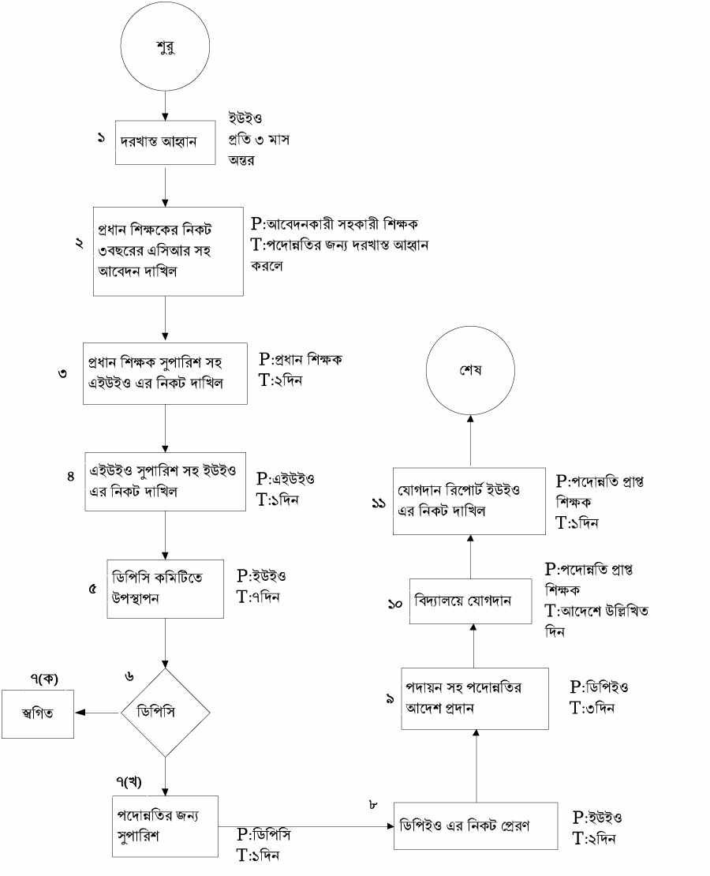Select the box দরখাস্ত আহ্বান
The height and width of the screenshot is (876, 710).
(x=165, y=142)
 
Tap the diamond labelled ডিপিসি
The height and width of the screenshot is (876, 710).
(x=166, y=713)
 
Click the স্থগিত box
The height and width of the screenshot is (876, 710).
(x=38, y=714)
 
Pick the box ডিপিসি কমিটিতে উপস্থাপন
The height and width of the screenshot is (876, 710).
(x=166, y=588)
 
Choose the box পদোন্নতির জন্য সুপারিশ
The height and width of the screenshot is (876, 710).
(x=165, y=826)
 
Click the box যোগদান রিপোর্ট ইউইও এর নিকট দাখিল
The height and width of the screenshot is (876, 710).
(x=469, y=501)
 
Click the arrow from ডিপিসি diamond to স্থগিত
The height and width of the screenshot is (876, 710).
(x=96, y=713)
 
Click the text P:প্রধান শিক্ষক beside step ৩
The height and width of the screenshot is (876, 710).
(x=304, y=359)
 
